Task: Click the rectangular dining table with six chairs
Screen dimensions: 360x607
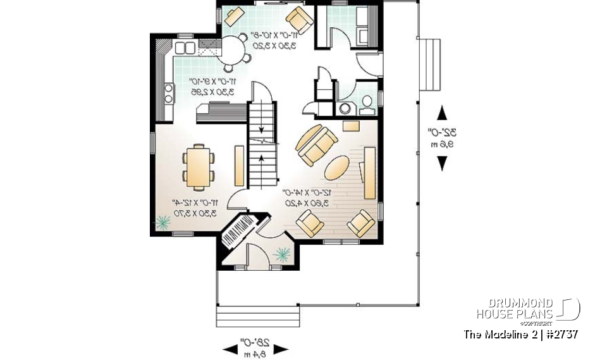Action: pos(199,166)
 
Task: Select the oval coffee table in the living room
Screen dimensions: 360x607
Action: pos(336,168)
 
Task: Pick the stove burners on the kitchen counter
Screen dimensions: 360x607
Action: pos(169,94)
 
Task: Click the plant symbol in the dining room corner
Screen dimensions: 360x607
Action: pos(163,222)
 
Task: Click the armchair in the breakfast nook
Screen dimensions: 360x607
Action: pos(300,19)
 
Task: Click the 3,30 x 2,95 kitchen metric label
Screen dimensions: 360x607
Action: pos(211,91)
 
